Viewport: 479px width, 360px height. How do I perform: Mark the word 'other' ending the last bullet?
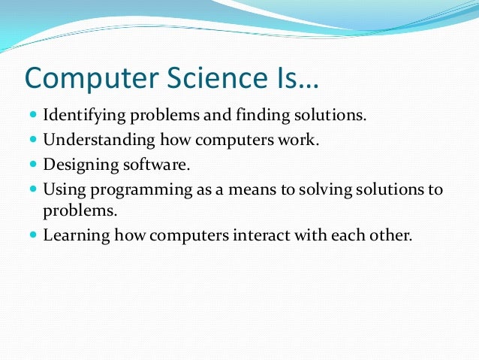coord(391,234)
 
